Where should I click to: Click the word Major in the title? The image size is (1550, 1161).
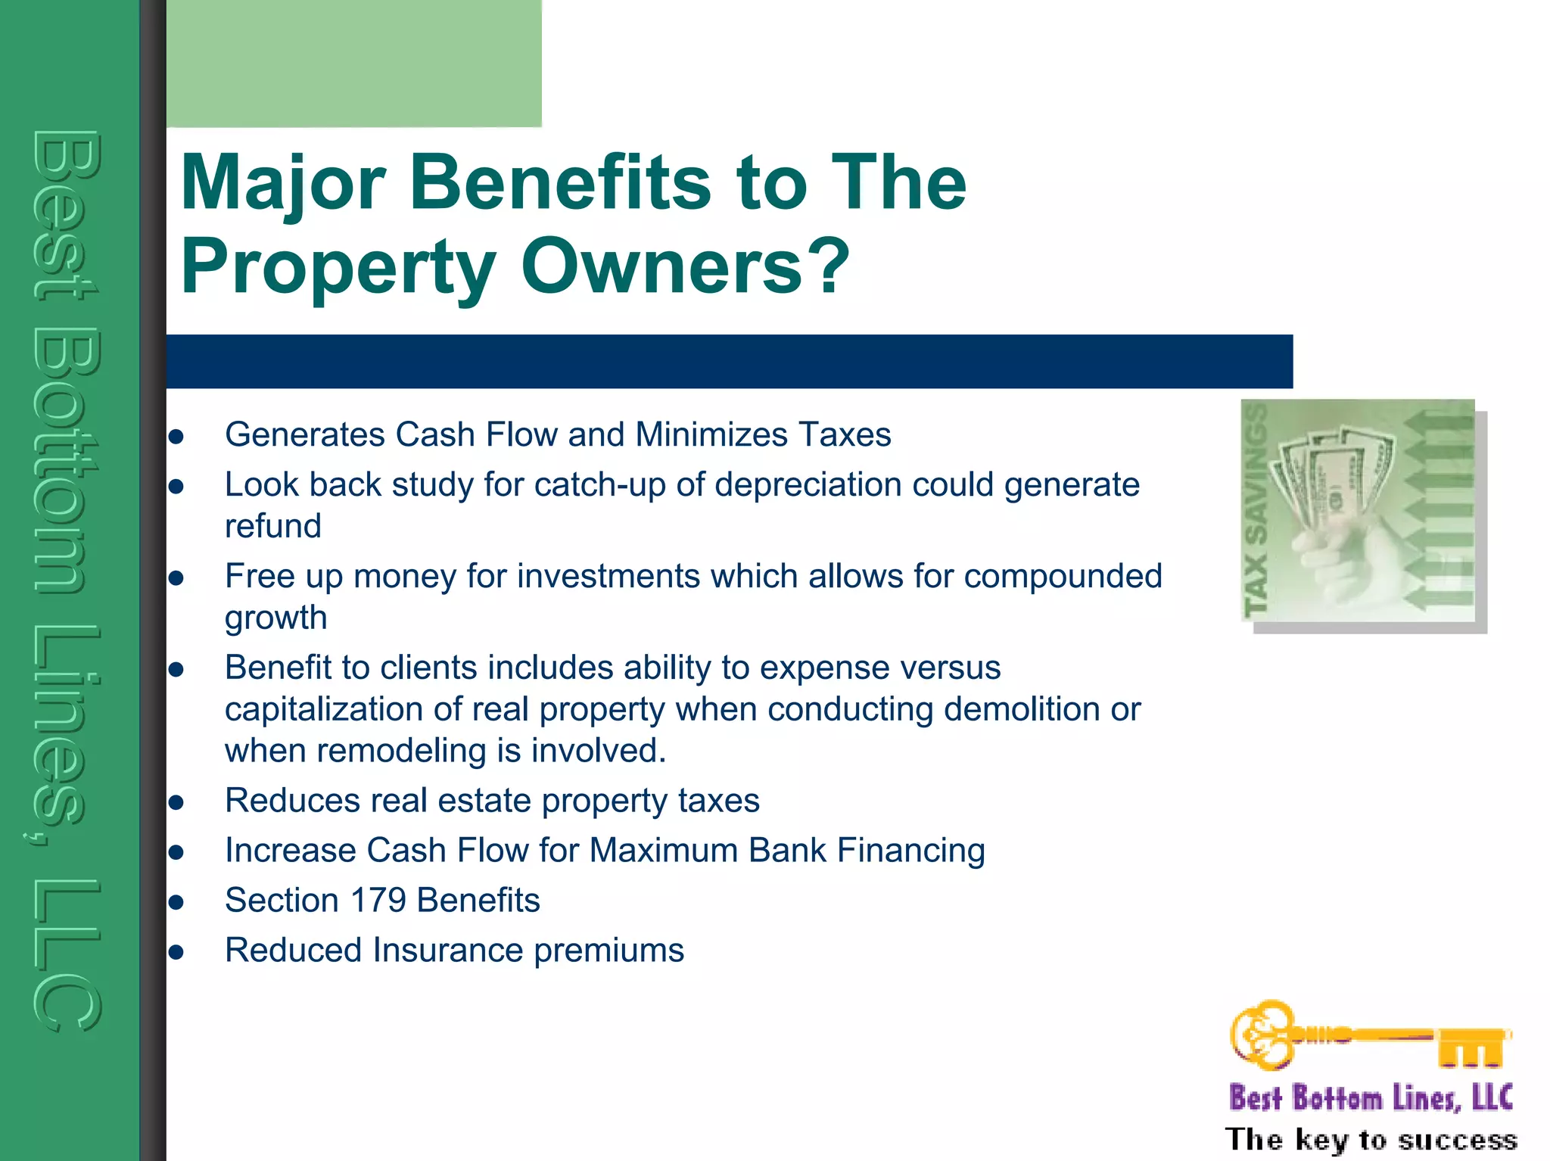284,184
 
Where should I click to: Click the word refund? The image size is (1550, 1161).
272,526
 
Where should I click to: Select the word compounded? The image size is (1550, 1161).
1063,577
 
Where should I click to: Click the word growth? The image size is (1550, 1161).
275,618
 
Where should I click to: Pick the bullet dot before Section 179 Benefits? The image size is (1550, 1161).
176,902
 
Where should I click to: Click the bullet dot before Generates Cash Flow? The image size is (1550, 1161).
176,437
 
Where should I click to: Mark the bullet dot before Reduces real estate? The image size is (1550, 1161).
176,802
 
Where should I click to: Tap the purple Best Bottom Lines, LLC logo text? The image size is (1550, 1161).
1371,1097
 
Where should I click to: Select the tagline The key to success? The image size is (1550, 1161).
1371,1139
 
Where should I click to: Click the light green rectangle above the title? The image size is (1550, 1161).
353,63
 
